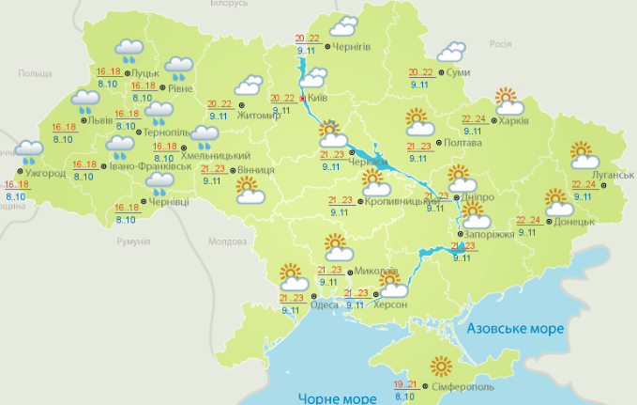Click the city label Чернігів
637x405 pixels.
click(x=352, y=46)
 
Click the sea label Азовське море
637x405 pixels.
click(x=515, y=329)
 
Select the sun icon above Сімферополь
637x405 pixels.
click(x=440, y=368)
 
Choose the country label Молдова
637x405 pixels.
click(x=225, y=241)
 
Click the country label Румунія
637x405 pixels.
click(x=134, y=242)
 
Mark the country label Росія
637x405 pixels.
click(x=500, y=44)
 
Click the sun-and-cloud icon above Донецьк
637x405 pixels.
click(x=559, y=203)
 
